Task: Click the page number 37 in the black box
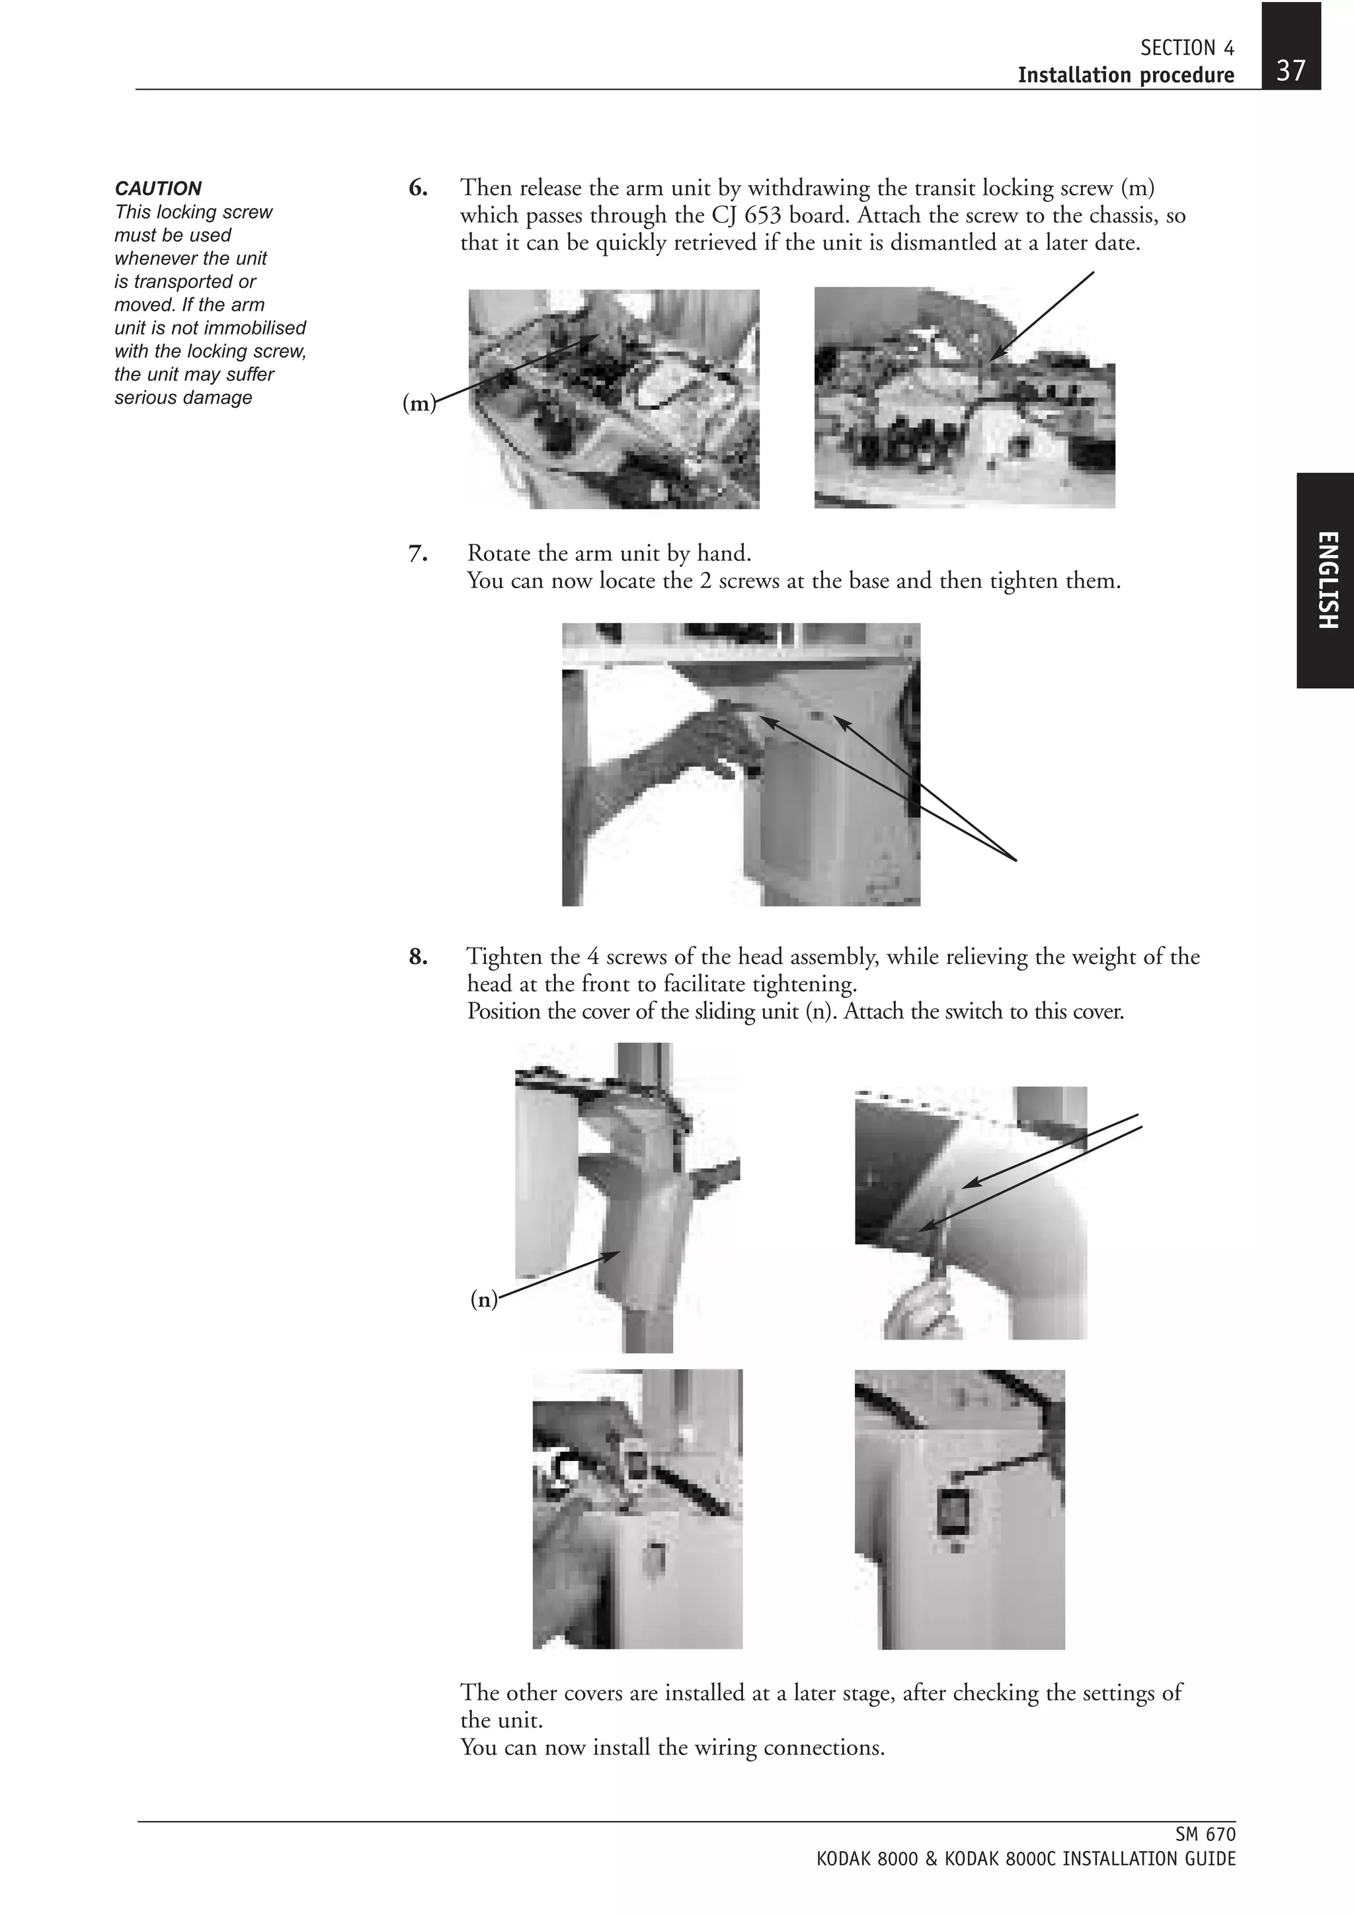click(x=1290, y=70)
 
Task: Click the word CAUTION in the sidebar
click(x=157, y=188)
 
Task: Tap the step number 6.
click(x=418, y=188)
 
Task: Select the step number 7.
click(x=418, y=553)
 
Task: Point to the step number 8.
click(x=418, y=957)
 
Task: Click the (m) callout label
click(x=418, y=404)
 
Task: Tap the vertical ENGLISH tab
click(x=1326, y=580)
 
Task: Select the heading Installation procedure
click(x=1125, y=75)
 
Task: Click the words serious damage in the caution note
click(x=182, y=398)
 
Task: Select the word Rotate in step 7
click(x=499, y=553)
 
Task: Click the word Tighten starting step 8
click(x=504, y=957)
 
